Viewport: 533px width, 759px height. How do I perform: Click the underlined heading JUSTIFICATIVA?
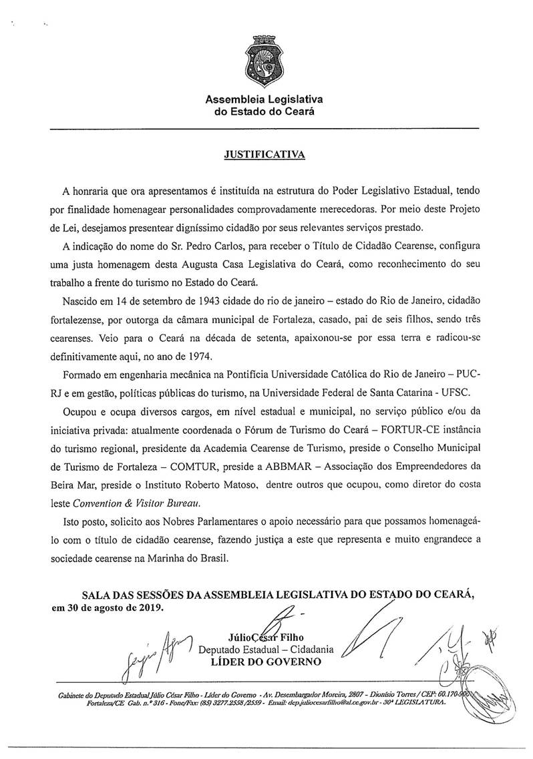pyautogui.click(x=264, y=154)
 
